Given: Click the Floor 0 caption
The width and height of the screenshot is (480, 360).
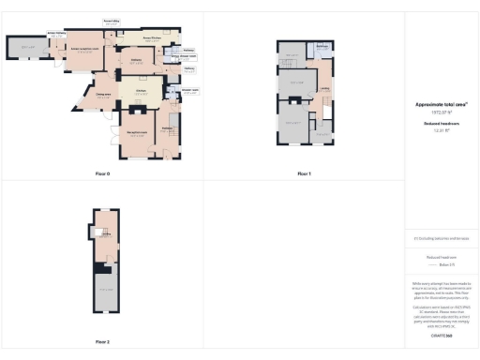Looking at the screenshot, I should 102,174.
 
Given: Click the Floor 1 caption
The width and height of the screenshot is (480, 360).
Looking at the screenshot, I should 304,174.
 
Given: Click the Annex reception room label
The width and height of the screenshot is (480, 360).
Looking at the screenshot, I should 83,51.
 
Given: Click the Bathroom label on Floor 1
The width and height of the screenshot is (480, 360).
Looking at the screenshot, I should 320,48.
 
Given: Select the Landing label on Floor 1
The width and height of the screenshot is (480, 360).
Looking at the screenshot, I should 323,91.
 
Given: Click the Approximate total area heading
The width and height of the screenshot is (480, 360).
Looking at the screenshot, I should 441,105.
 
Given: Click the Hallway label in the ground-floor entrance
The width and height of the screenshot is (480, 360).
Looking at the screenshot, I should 167,128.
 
